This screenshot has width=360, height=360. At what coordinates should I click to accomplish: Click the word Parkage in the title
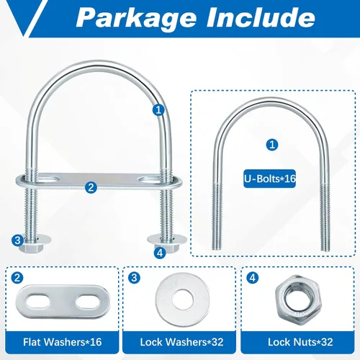coord(136,18)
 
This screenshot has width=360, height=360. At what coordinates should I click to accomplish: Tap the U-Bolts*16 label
coord(270,179)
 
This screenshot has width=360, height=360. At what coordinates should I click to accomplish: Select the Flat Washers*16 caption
coord(63,342)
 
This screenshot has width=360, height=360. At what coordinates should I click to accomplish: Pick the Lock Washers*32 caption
coord(181,342)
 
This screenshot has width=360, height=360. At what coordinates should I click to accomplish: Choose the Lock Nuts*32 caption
coord(300,342)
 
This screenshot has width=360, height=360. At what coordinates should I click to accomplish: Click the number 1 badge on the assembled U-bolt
coord(158,110)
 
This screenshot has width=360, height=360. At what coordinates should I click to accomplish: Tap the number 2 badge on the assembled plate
coord(91,187)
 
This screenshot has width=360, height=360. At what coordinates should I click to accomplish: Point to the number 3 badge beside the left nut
coord(17,240)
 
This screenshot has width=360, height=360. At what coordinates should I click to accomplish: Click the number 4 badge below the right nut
coord(160,253)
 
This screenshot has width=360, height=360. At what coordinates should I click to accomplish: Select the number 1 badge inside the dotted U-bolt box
coord(272,145)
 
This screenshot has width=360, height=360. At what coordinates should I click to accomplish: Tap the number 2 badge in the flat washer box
coord(17,278)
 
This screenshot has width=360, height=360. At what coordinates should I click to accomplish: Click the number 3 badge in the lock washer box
coord(134,278)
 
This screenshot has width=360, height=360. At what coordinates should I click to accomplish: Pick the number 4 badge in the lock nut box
coord(253,278)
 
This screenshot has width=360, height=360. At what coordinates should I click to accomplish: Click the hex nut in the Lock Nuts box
coord(298,300)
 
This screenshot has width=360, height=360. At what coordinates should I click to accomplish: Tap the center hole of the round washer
coord(182,300)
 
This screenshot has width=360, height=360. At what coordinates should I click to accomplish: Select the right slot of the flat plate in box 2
coord(87,302)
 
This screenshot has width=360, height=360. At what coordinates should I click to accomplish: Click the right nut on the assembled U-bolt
coord(166,246)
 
